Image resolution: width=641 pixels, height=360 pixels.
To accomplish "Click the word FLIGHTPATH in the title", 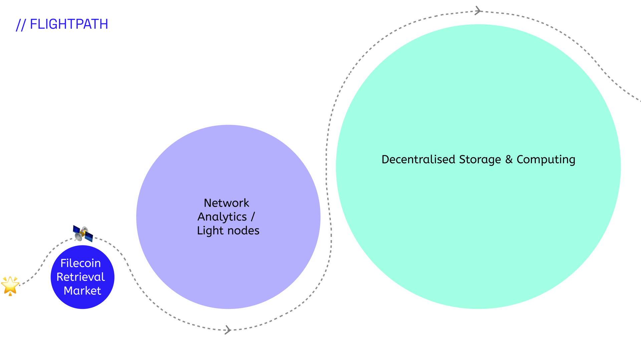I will click(69, 24).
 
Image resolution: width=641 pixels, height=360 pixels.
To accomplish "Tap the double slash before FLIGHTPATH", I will click(21, 25).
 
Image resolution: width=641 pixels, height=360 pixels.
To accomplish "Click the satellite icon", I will click(83, 233).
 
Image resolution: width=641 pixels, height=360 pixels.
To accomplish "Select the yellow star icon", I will click(10, 286).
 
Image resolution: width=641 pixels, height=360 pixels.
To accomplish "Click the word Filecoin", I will click(80, 263).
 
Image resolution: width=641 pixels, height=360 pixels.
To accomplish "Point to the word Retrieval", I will click(81, 277).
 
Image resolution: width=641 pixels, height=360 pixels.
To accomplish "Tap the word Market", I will click(82, 291).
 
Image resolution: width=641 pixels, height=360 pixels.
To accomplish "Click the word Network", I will click(226, 203).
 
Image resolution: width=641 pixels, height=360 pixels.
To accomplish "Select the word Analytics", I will click(222, 217).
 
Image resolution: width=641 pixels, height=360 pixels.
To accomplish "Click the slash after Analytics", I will click(253, 216).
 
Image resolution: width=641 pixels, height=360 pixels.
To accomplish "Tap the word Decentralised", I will click(418, 159).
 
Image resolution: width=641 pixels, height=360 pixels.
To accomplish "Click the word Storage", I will click(480, 160).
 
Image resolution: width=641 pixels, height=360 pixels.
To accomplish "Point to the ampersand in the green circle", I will click(509, 159).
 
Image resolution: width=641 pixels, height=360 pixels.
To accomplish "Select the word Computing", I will click(546, 160).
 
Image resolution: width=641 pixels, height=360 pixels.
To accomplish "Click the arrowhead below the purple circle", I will click(228, 330).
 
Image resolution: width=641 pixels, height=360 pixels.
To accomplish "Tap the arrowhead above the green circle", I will click(478, 11).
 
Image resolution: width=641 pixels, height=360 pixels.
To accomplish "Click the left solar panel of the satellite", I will click(76, 230).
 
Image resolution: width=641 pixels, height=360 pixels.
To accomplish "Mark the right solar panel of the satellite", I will click(89, 237).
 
